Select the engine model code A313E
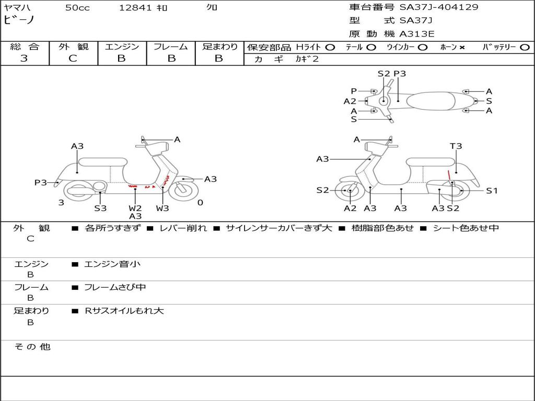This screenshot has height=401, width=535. coord(417,34)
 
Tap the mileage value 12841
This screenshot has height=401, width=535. coord(135,8)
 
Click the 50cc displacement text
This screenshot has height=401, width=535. coord(77,8)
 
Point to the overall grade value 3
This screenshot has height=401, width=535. coord(24,58)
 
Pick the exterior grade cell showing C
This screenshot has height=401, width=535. coord(73,58)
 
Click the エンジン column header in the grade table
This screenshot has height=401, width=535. coord(122,47)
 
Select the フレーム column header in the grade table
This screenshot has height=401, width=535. coord(171,47)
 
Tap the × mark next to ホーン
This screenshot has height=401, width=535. coord(462,48)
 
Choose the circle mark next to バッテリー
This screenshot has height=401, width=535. coord(525,48)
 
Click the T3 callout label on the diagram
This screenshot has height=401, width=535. coord(456,146)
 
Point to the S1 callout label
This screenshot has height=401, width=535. coord(492,191)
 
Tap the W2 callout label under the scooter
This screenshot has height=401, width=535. coord(135,208)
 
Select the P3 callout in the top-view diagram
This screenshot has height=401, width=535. coord(400,74)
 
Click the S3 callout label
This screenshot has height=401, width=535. coord(100,208)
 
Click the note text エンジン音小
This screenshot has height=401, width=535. coord(112,264)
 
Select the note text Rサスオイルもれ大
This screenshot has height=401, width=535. coord(124,311)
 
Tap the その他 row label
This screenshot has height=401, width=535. coord(32,347)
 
